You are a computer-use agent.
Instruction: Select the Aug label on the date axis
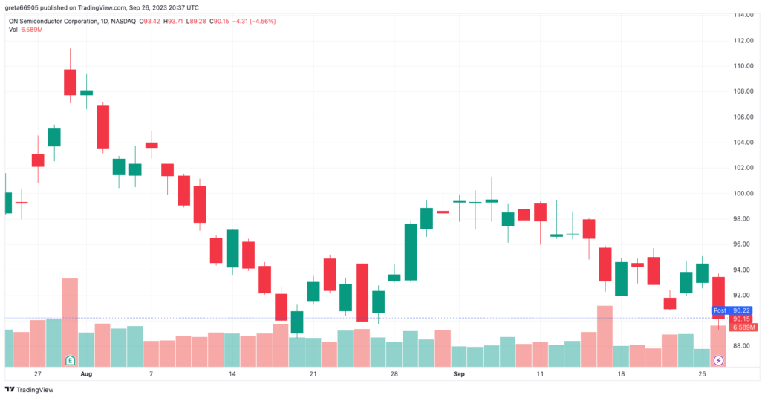(x=87, y=374)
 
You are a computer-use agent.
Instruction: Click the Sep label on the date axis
(x=459, y=374)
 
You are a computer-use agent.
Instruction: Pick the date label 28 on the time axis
(x=394, y=374)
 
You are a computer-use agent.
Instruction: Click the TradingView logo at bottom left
(x=30, y=390)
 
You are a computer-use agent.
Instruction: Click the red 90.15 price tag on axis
(x=740, y=319)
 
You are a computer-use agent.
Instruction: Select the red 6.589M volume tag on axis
(x=743, y=327)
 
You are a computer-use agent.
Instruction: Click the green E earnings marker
(x=70, y=360)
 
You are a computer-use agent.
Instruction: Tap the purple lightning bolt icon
(x=718, y=360)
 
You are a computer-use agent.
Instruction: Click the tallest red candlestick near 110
(x=70, y=82)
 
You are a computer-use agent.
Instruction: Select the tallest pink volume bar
(x=70, y=321)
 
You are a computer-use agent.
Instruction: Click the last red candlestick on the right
(x=718, y=297)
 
